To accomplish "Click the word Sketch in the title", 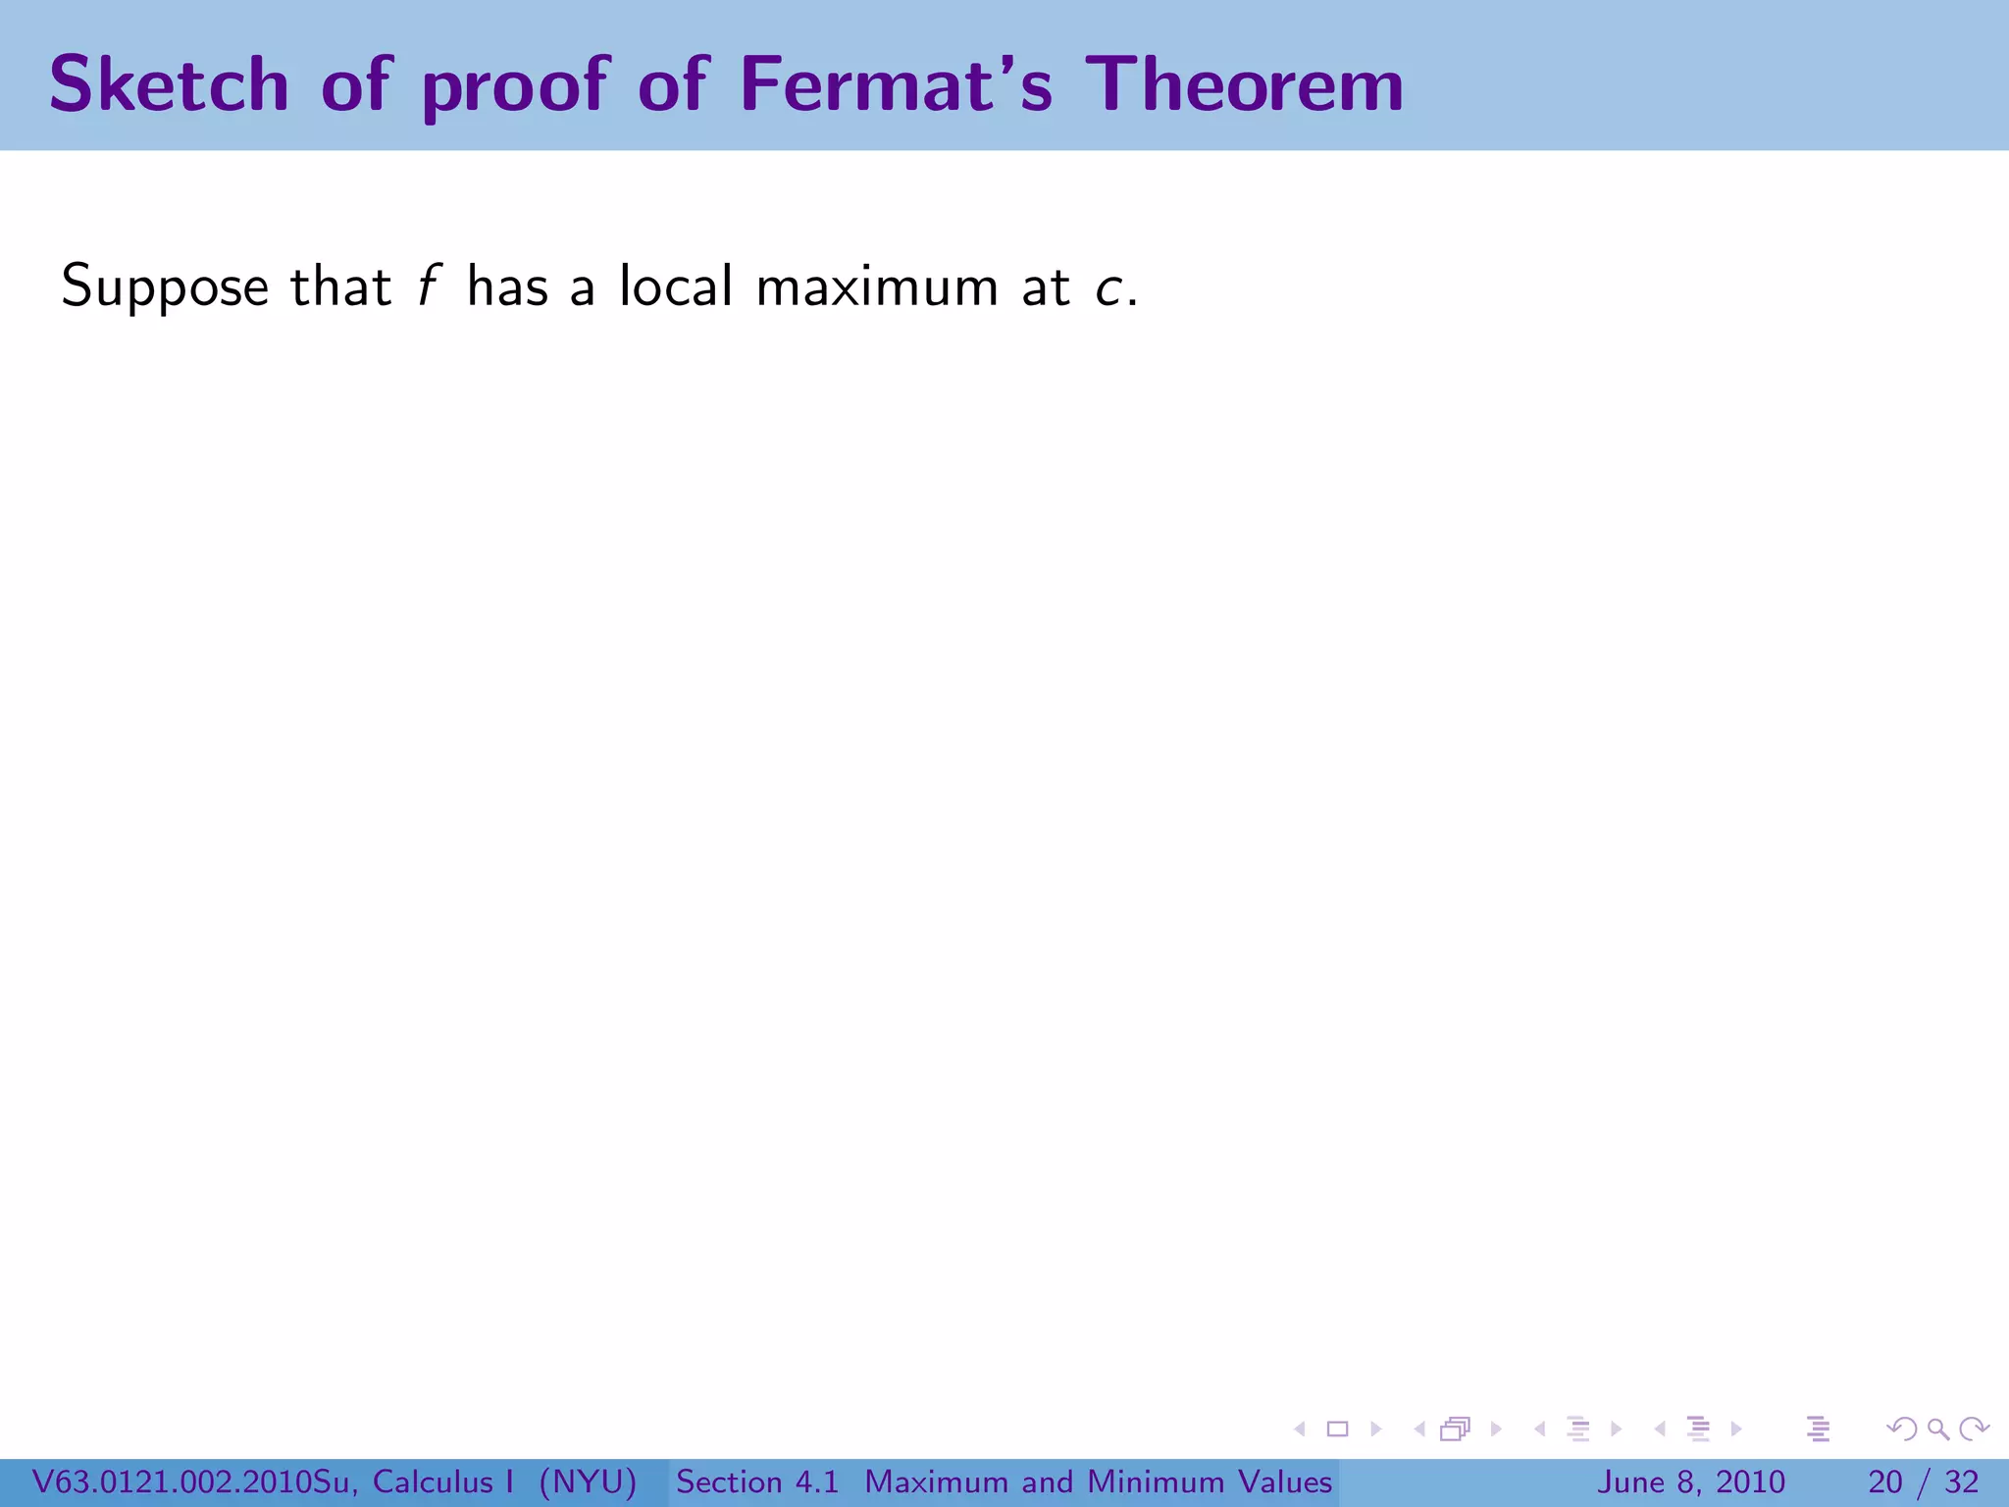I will [169, 84].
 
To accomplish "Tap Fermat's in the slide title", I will [896, 84].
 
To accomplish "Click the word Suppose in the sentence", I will [165, 288].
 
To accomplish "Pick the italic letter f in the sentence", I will [426, 286].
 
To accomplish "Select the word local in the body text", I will [676, 286].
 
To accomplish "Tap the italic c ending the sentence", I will [1109, 288].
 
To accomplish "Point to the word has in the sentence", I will [507, 286].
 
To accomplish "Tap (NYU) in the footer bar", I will [588, 1481].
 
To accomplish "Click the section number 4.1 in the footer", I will [817, 1481].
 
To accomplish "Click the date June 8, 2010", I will [1691, 1481].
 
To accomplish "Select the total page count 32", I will [1961, 1481].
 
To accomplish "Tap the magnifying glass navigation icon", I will [1937, 1429].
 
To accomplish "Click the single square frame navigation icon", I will [1337, 1429].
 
